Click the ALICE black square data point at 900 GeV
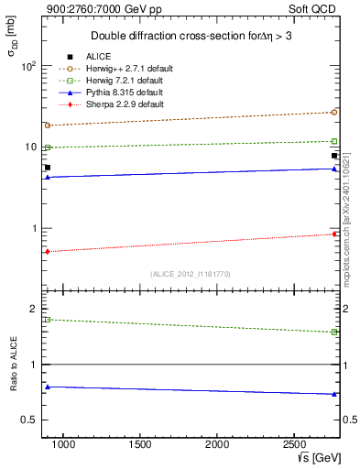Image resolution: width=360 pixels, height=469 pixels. (47, 168)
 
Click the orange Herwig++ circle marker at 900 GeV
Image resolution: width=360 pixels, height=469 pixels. (47, 125)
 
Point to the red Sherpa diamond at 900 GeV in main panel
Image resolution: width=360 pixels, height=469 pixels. (47, 251)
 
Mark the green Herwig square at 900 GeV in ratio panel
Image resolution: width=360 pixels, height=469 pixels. (47, 320)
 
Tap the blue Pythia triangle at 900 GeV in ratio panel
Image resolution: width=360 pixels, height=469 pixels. (47, 387)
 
